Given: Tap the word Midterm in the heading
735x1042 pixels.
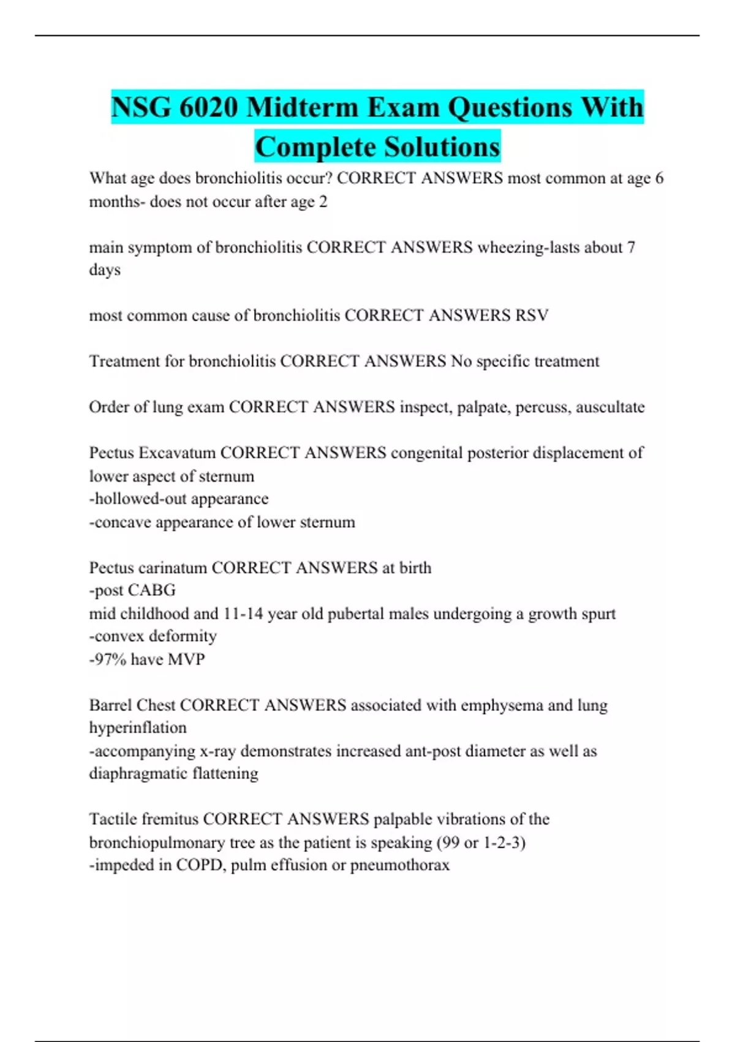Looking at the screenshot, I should (x=303, y=107).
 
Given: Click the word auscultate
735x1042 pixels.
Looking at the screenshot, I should (x=610, y=407).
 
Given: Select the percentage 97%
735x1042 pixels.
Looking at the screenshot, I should (x=107, y=659).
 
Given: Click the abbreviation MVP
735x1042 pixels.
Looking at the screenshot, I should (x=186, y=659).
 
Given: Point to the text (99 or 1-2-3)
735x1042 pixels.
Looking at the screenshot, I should (x=481, y=842).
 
